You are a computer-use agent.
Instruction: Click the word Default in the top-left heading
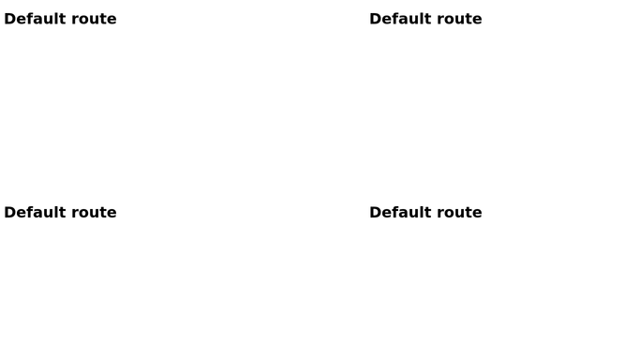tap(35, 19)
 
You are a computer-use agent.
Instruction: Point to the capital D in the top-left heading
tap(10, 19)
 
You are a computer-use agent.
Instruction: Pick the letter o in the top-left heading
tap(82, 21)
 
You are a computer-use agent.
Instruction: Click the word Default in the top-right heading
tap(400, 19)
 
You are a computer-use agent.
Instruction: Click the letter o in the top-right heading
tap(448, 21)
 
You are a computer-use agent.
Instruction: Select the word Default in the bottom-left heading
tap(35, 212)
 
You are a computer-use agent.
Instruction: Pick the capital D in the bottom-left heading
tap(10, 212)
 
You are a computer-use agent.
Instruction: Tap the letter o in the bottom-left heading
tap(82, 214)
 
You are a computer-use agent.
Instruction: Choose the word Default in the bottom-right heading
tap(400, 212)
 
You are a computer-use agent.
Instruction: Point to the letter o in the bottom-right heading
tap(448, 214)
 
